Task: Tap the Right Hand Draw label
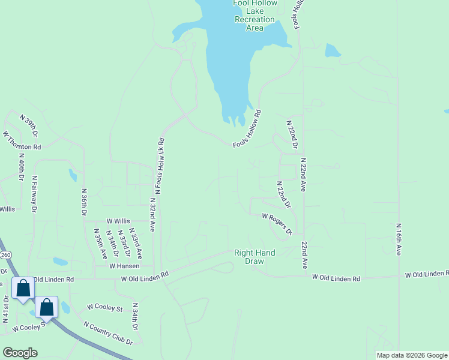pyautogui.click(x=255, y=257)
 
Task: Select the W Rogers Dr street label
pyautogui.click(x=277, y=223)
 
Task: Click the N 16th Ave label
pyautogui.click(x=398, y=239)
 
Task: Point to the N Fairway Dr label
pyautogui.click(x=35, y=194)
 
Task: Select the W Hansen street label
pyautogui.click(x=124, y=266)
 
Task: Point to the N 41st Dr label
pyautogui.click(x=6, y=310)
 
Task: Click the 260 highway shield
pyautogui.click(x=6, y=255)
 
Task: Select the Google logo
pyautogui.click(x=20, y=352)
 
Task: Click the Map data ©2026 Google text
pyautogui.click(x=412, y=355)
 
